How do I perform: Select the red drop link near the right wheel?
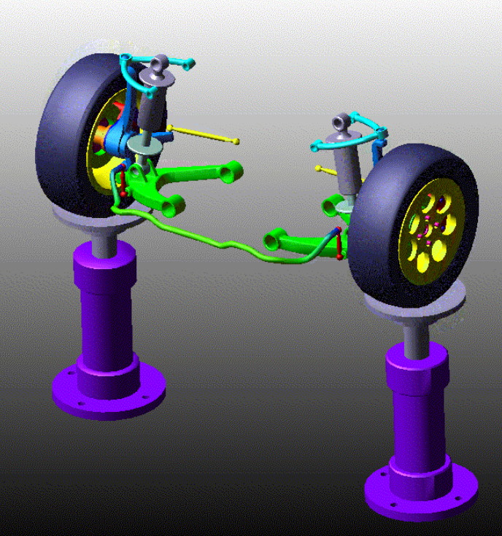coord(339,244)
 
